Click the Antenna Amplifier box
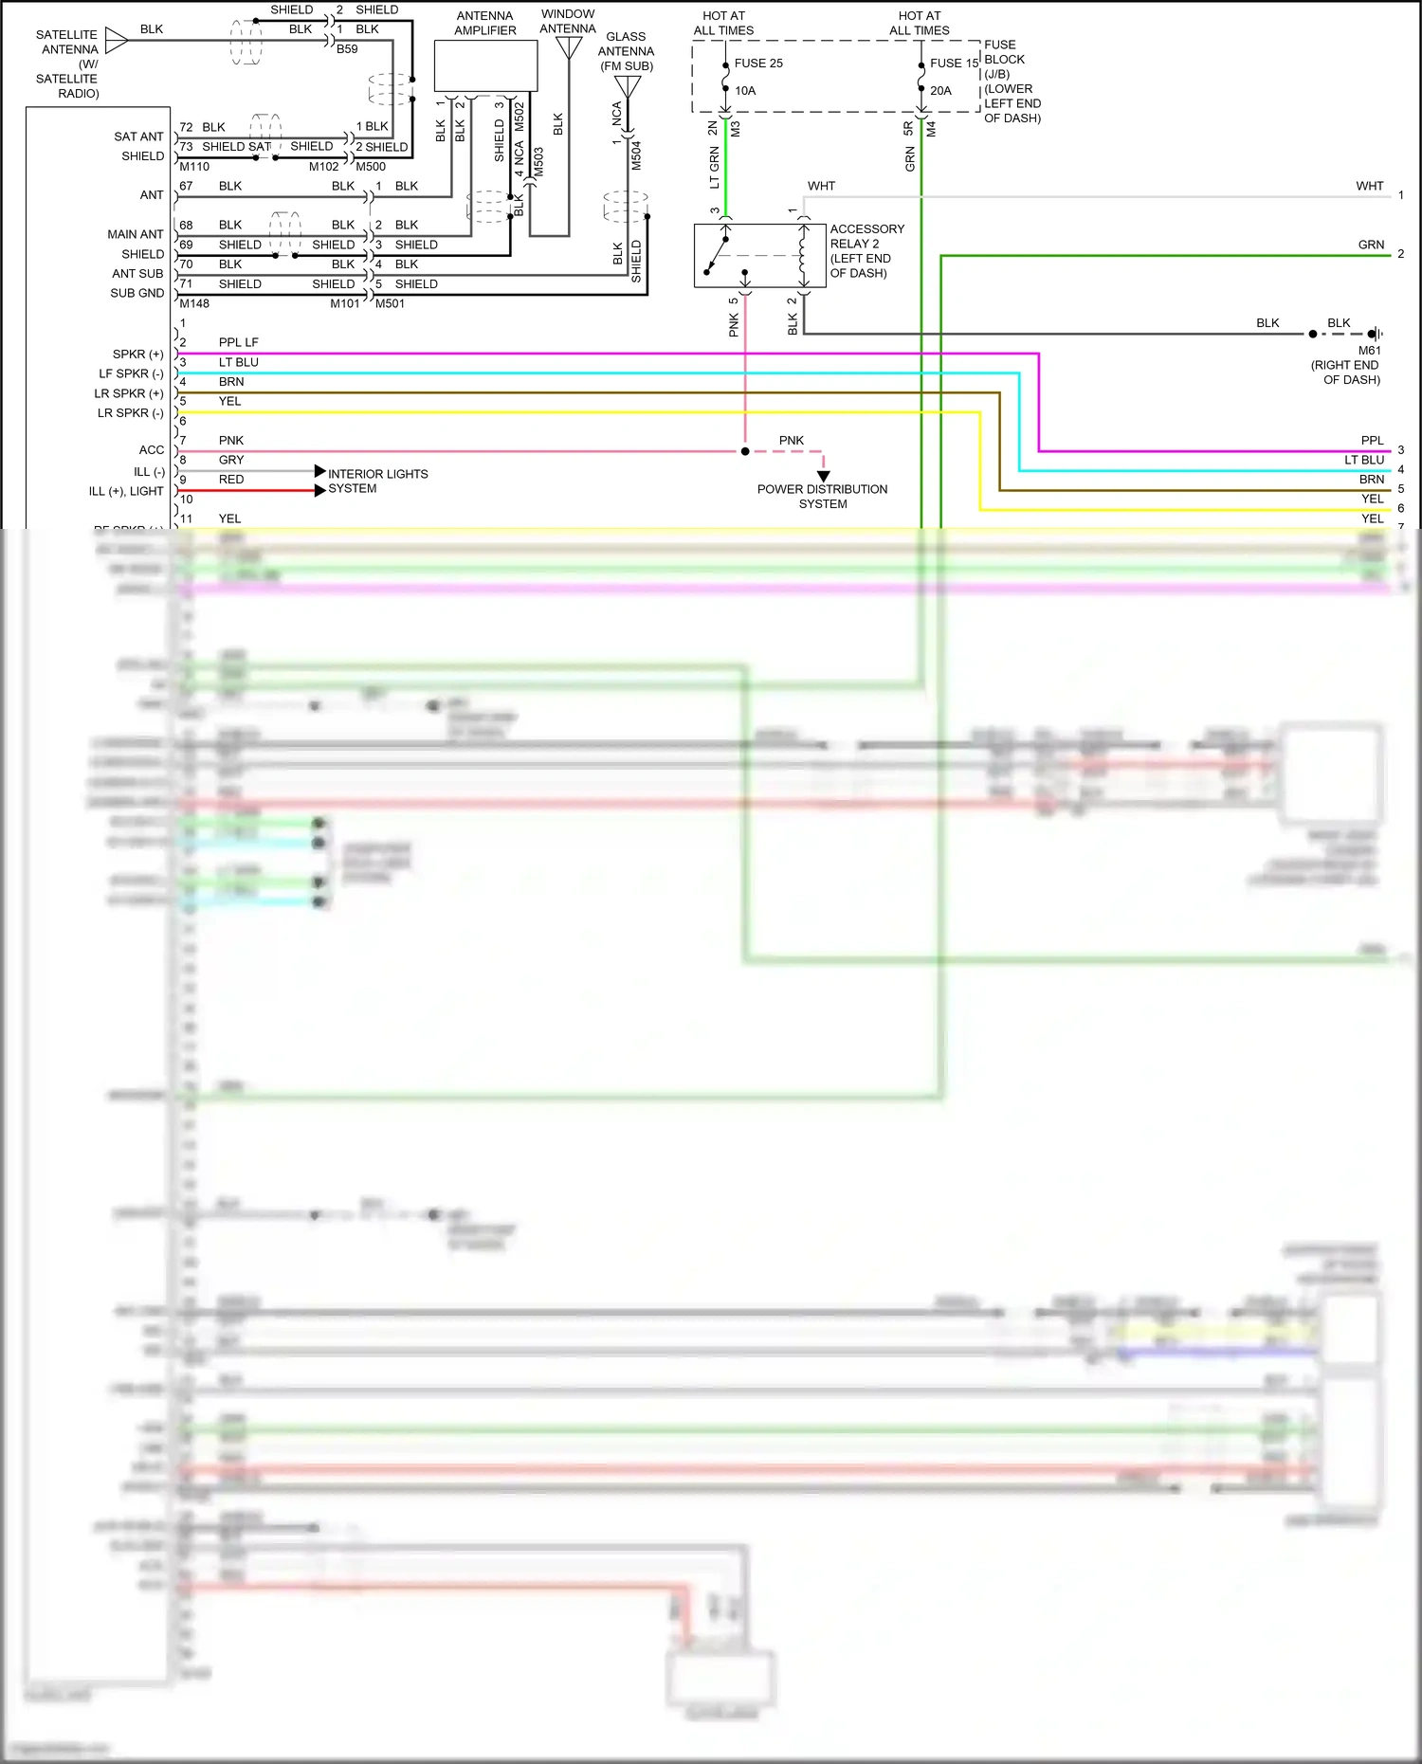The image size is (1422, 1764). (485, 66)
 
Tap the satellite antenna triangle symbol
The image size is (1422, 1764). (117, 40)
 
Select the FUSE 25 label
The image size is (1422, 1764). (758, 64)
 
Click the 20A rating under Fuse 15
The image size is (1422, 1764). (940, 91)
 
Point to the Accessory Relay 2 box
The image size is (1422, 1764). (759, 256)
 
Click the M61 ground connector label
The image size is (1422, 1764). (1369, 351)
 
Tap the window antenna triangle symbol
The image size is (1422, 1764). (569, 46)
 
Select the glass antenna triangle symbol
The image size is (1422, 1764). (628, 86)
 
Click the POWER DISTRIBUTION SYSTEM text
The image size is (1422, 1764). (823, 497)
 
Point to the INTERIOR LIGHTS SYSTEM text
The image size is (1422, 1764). (377, 482)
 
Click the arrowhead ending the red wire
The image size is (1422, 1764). (320, 490)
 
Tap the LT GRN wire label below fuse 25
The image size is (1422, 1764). (714, 168)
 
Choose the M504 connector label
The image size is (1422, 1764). (636, 155)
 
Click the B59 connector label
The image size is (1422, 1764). (347, 49)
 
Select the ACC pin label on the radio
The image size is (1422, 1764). (152, 450)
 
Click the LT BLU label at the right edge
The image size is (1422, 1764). (1363, 460)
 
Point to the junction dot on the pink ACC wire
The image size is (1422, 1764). (745, 451)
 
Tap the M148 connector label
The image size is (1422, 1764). (194, 303)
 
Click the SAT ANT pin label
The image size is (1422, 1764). (138, 136)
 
